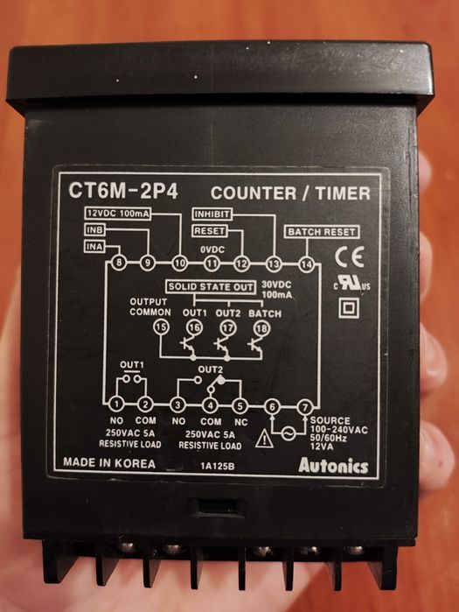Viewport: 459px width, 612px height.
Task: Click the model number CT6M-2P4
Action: [122, 190]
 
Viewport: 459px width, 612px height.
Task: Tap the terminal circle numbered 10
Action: [180, 262]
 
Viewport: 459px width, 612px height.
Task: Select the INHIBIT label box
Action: [211, 214]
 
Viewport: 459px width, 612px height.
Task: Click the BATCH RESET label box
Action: [322, 232]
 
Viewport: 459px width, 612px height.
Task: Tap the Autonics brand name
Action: [333, 466]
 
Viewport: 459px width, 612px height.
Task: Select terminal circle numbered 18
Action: [261, 327]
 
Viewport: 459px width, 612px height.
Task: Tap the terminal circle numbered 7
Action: [303, 406]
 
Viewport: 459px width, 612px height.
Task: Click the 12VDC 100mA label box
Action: [117, 214]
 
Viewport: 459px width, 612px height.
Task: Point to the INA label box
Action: [95, 247]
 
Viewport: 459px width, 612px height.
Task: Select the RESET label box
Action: [210, 231]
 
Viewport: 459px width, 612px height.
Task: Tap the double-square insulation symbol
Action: [350, 308]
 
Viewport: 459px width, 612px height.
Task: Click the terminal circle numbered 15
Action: [160, 327]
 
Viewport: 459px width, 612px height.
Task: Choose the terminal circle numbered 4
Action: [210, 405]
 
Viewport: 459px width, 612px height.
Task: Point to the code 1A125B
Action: [215, 467]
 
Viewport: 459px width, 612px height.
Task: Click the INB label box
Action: [95, 230]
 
